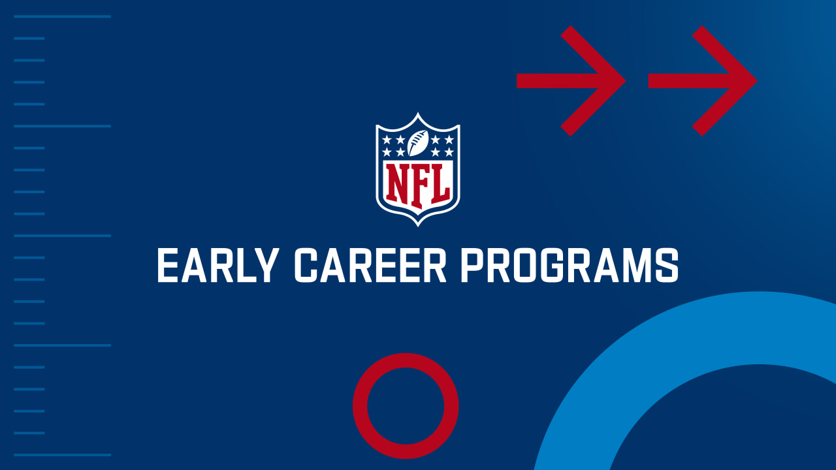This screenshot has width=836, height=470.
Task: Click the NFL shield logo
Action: [x=417, y=169]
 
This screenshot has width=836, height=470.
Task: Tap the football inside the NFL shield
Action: [x=417, y=143]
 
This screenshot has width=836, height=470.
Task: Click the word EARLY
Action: [x=218, y=265]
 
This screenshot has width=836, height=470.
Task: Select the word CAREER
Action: [x=370, y=265]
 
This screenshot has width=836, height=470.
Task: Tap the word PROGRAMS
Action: [x=570, y=265]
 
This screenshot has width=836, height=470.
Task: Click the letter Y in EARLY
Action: [x=266, y=265]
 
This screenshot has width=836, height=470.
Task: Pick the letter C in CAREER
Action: [x=306, y=265]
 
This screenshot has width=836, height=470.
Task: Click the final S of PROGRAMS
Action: [x=667, y=265]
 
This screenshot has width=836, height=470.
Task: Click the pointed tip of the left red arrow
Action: [x=626, y=81]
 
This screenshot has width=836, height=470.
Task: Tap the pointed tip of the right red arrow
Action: [x=757, y=81]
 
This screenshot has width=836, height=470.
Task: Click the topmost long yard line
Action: [x=62, y=16]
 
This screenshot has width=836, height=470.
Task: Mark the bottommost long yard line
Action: [x=62, y=455]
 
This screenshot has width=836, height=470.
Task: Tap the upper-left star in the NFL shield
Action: [x=387, y=140]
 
